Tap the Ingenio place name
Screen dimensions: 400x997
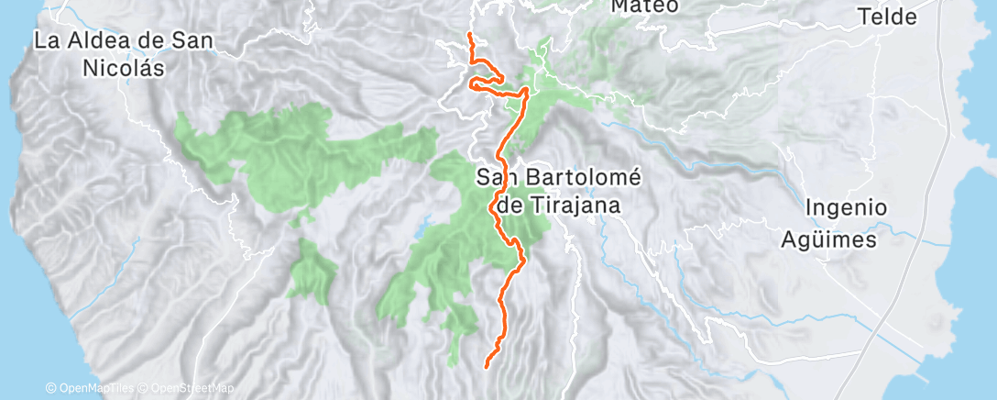[x=846, y=208]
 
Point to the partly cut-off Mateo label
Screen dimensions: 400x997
[x=645, y=6]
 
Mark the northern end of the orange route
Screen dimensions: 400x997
[x=469, y=34]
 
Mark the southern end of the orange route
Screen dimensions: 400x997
[x=485, y=366]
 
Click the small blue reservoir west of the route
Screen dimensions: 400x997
[x=423, y=224]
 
